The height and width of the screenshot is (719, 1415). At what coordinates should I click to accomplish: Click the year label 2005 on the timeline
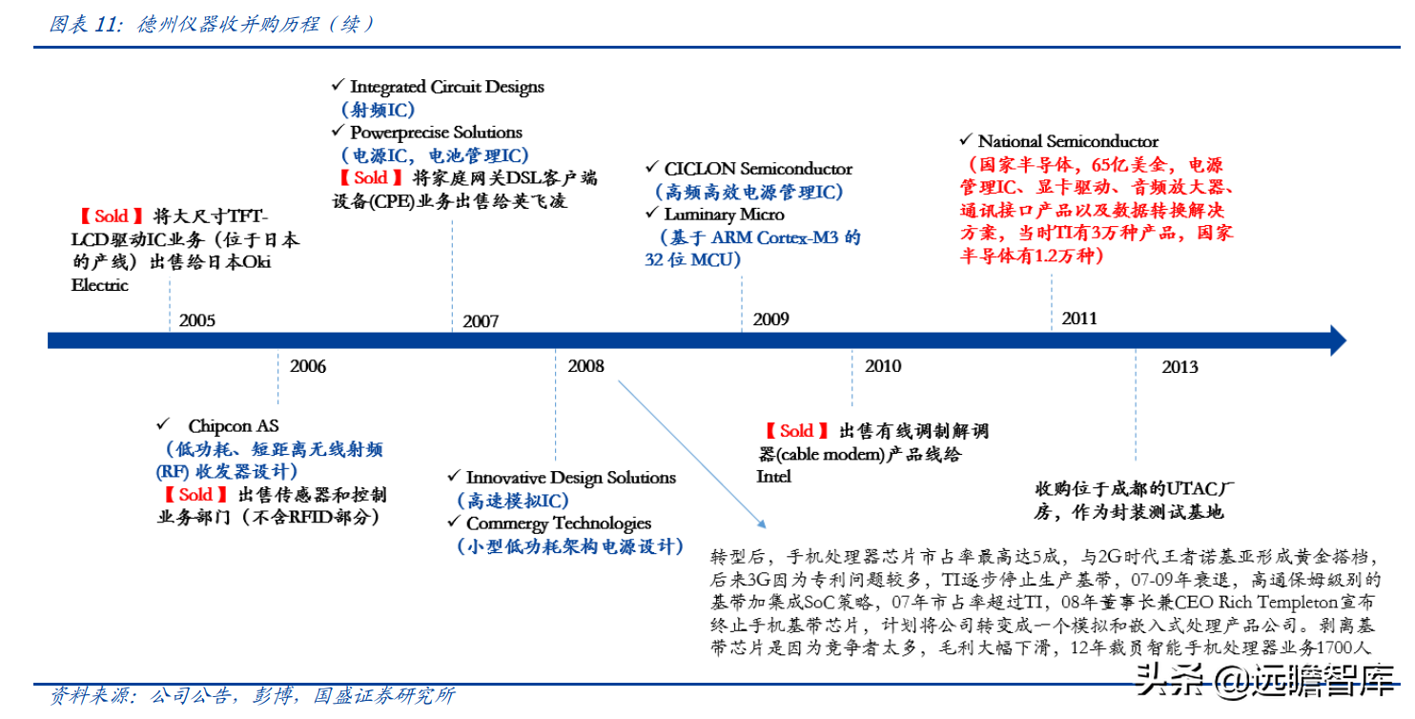click(x=197, y=320)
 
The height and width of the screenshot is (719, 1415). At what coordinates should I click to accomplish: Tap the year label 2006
click(x=308, y=366)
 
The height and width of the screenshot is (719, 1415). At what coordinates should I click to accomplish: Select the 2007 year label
click(x=481, y=321)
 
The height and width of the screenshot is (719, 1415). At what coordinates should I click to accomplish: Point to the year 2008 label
click(x=585, y=366)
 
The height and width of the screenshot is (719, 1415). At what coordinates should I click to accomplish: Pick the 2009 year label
click(x=770, y=319)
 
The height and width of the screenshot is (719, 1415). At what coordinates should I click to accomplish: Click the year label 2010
click(x=883, y=366)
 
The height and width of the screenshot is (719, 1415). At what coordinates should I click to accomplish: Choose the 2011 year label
click(x=1079, y=318)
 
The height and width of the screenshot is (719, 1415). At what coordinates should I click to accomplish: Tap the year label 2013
click(x=1180, y=367)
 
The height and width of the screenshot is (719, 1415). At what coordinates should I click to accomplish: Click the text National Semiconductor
click(x=1068, y=141)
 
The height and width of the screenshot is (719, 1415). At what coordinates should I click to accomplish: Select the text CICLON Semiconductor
click(x=758, y=169)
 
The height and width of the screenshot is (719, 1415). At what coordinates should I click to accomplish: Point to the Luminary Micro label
click(x=724, y=215)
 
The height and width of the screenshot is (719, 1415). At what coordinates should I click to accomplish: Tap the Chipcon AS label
click(x=233, y=426)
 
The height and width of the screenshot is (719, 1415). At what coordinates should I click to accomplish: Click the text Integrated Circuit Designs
click(x=447, y=87)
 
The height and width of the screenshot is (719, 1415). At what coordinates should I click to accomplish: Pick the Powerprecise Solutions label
click(x=436, y=133)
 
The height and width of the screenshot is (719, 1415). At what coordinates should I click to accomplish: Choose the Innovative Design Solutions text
click(x=571, y=478)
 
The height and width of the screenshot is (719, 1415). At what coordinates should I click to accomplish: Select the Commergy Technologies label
click(x=559, y=524)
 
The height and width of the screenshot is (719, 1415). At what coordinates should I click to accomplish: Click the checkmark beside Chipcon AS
click(x=164, y=424)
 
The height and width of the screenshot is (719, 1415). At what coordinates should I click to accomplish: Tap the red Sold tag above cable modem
click(x=796, y=431)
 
